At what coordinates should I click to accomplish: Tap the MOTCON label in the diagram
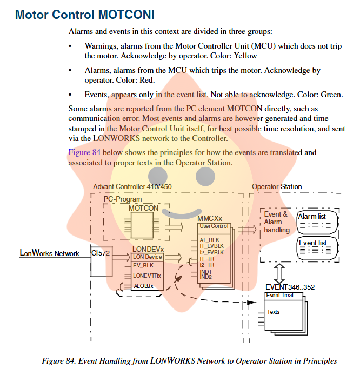(x=143, y=208)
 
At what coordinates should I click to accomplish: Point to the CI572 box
(x=101, y=253)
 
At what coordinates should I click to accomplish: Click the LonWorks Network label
(x=49, y=253)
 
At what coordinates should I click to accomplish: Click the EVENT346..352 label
(x=290, y=287)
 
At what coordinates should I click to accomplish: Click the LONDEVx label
(x=148, y=249)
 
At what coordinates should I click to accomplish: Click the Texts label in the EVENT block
(x=274, y=312)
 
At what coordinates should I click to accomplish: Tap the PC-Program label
(x=123, y=199)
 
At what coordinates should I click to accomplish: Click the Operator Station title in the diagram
(x=277, y=187)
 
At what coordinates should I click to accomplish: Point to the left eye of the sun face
(x=157, y=175)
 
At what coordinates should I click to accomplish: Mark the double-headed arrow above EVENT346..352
(x=279, y=272)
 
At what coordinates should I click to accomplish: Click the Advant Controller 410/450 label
(x=132, y=187)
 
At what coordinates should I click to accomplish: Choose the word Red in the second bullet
(x=146, y=80)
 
